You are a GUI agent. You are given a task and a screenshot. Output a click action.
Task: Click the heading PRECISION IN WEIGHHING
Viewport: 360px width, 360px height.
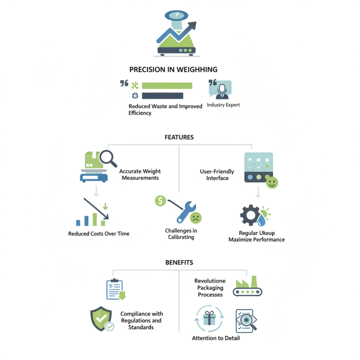[173, 70]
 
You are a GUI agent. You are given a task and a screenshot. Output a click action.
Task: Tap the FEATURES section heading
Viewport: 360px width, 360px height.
[179, 137]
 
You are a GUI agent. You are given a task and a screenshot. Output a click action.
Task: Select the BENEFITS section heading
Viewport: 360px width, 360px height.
[179, 262]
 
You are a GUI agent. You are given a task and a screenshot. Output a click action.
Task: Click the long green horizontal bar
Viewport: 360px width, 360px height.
[167, 85]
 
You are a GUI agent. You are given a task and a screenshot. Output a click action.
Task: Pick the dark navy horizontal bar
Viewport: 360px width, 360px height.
[162, 96]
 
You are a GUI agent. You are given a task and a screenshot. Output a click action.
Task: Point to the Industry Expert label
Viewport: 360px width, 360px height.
[223, 105]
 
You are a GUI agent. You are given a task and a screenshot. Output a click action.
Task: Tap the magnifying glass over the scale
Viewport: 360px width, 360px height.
[108, 158]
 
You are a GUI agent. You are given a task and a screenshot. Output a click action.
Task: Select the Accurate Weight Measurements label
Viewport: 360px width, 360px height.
[140, 175]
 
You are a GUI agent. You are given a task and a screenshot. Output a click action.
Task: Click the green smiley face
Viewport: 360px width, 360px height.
[272, 182]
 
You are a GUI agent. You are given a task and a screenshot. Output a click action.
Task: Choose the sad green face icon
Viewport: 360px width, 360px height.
[195, 218]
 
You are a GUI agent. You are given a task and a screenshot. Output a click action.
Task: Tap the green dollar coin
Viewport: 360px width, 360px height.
[160, 201]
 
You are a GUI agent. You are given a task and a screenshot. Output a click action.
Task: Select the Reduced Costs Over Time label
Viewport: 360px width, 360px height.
[99, 234]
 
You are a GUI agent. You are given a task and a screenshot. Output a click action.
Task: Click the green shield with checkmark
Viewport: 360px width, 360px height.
[101, 318]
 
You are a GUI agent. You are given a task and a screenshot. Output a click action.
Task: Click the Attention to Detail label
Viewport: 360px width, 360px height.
[216, 338]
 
